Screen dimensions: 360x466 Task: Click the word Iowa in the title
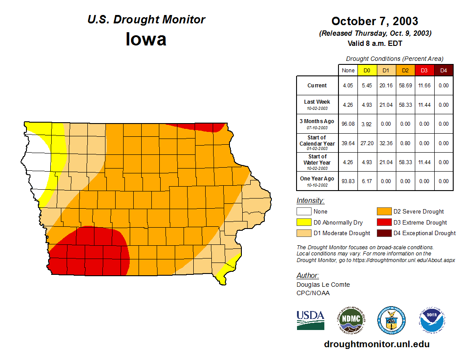click(146, 39)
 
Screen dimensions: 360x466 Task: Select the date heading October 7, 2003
click(375, 21)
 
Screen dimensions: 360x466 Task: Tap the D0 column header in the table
click(367, 71)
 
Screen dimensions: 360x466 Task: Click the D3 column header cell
click(425, 71)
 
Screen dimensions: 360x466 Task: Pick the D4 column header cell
click(443, 71)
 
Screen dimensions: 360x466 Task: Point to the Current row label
click(317, 86)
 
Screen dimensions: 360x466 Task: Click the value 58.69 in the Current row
click(406, 86)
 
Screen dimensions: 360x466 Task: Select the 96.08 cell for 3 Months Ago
click(348, 124)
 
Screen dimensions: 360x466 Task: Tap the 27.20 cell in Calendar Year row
click(367, 143)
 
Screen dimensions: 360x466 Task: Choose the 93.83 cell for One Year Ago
click(348, 181)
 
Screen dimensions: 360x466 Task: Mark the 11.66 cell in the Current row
click(425, 86)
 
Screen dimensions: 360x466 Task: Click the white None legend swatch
click(304, 212)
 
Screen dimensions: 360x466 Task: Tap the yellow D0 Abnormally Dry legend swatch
click(304, 222)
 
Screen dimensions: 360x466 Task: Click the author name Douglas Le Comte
click(323, 285)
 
